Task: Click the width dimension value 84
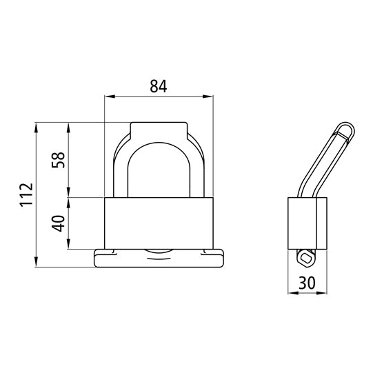159,85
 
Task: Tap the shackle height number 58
59,159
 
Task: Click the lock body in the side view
305,222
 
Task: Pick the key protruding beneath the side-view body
304,256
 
